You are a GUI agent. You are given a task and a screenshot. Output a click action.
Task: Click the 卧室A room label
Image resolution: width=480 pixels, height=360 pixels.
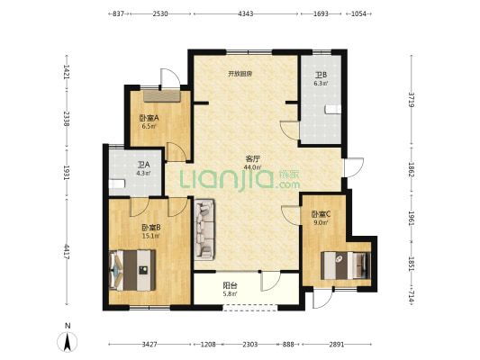click(149, 118)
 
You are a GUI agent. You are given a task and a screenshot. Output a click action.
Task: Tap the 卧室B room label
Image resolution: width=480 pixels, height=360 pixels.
click(151, 228)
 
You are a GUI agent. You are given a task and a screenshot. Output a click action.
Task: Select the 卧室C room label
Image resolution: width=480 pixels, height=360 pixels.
click(321, 214)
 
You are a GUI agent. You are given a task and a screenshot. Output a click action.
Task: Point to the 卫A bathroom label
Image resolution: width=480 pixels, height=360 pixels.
click(143, 165)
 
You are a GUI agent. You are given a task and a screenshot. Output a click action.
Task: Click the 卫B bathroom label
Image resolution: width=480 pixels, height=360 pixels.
click(321, 75)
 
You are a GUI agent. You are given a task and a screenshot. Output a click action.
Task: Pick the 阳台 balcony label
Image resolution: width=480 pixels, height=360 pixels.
click(230, 286)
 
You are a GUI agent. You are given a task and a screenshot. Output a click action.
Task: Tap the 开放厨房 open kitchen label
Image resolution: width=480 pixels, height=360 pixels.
click(240, 74)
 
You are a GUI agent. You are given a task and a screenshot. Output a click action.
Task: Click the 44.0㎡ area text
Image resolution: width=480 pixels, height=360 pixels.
click(252, 167)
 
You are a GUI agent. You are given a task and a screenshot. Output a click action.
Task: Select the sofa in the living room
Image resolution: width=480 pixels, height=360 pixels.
click(204, 229)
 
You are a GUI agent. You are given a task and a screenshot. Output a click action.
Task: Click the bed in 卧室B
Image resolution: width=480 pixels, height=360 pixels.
click(132, 270)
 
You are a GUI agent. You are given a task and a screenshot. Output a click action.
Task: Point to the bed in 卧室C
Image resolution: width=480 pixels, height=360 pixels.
click(346, 265)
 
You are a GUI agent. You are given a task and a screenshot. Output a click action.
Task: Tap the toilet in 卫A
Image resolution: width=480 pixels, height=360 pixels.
click(117, 184)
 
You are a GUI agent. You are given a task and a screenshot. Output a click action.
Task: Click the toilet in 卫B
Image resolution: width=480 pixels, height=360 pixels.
click(333, 109)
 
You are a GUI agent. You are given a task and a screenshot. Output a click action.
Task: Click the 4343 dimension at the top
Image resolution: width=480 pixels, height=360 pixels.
click(246, 13)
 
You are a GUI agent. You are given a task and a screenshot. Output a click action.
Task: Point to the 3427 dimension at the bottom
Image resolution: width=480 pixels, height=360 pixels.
click(149, 345)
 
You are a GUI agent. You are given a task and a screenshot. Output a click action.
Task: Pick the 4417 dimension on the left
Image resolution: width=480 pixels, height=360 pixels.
click(67, 252)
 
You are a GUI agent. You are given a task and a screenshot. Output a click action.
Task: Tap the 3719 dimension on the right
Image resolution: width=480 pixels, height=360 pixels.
click(412, 99)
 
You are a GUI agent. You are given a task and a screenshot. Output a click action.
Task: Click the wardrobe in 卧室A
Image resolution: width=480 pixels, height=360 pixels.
click(162, 96)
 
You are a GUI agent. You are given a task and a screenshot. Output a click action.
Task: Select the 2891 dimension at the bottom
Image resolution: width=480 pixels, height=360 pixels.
click(337, 345)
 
